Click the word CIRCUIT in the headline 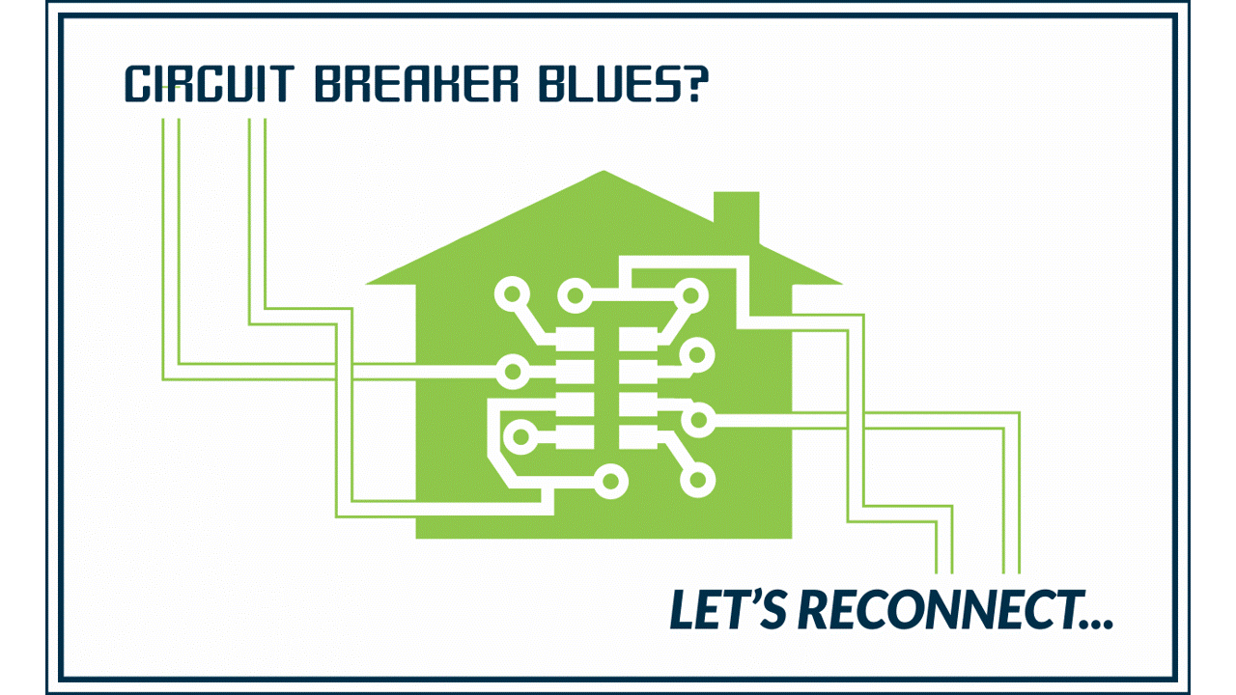[x=210, y=83]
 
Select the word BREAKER [x=416, y=83]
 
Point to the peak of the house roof [x=604, y=171]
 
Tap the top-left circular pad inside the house [x=512, y=294]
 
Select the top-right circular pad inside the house [x=690, y=295]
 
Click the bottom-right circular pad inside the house [x=698, y=480]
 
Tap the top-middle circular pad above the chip [x=575, y=295]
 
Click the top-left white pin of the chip [x=575, y=339]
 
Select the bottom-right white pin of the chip [x=638, y=437]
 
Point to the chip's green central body [x=606, y=388]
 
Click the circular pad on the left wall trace [x=513, y=372]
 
